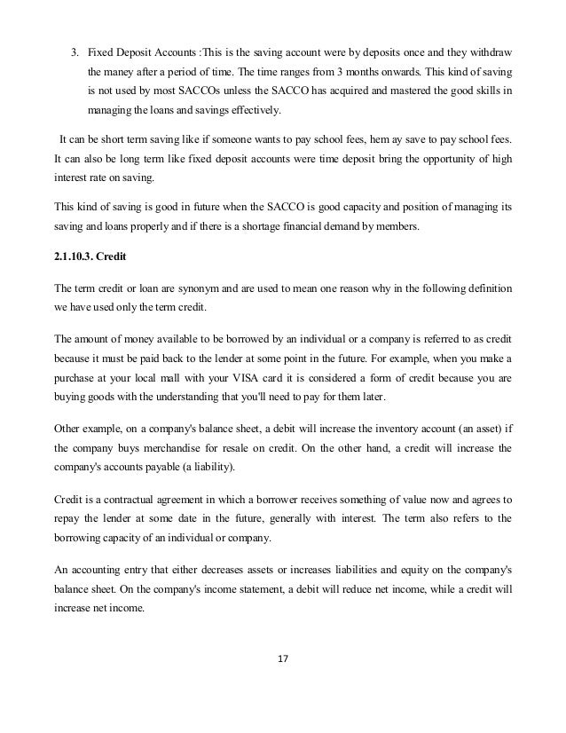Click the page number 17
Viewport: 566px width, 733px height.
(283, 658)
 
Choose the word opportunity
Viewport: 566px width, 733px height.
(434, 162)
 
